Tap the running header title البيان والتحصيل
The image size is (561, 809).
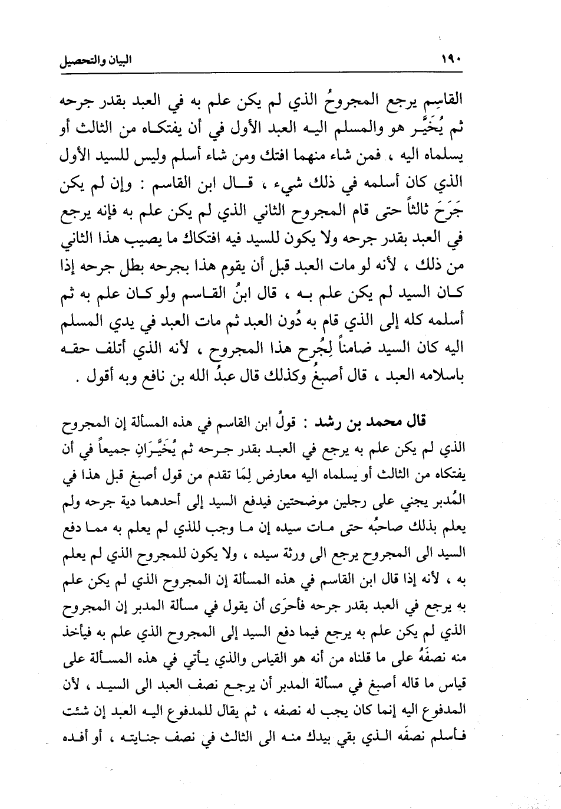[97, 60]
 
